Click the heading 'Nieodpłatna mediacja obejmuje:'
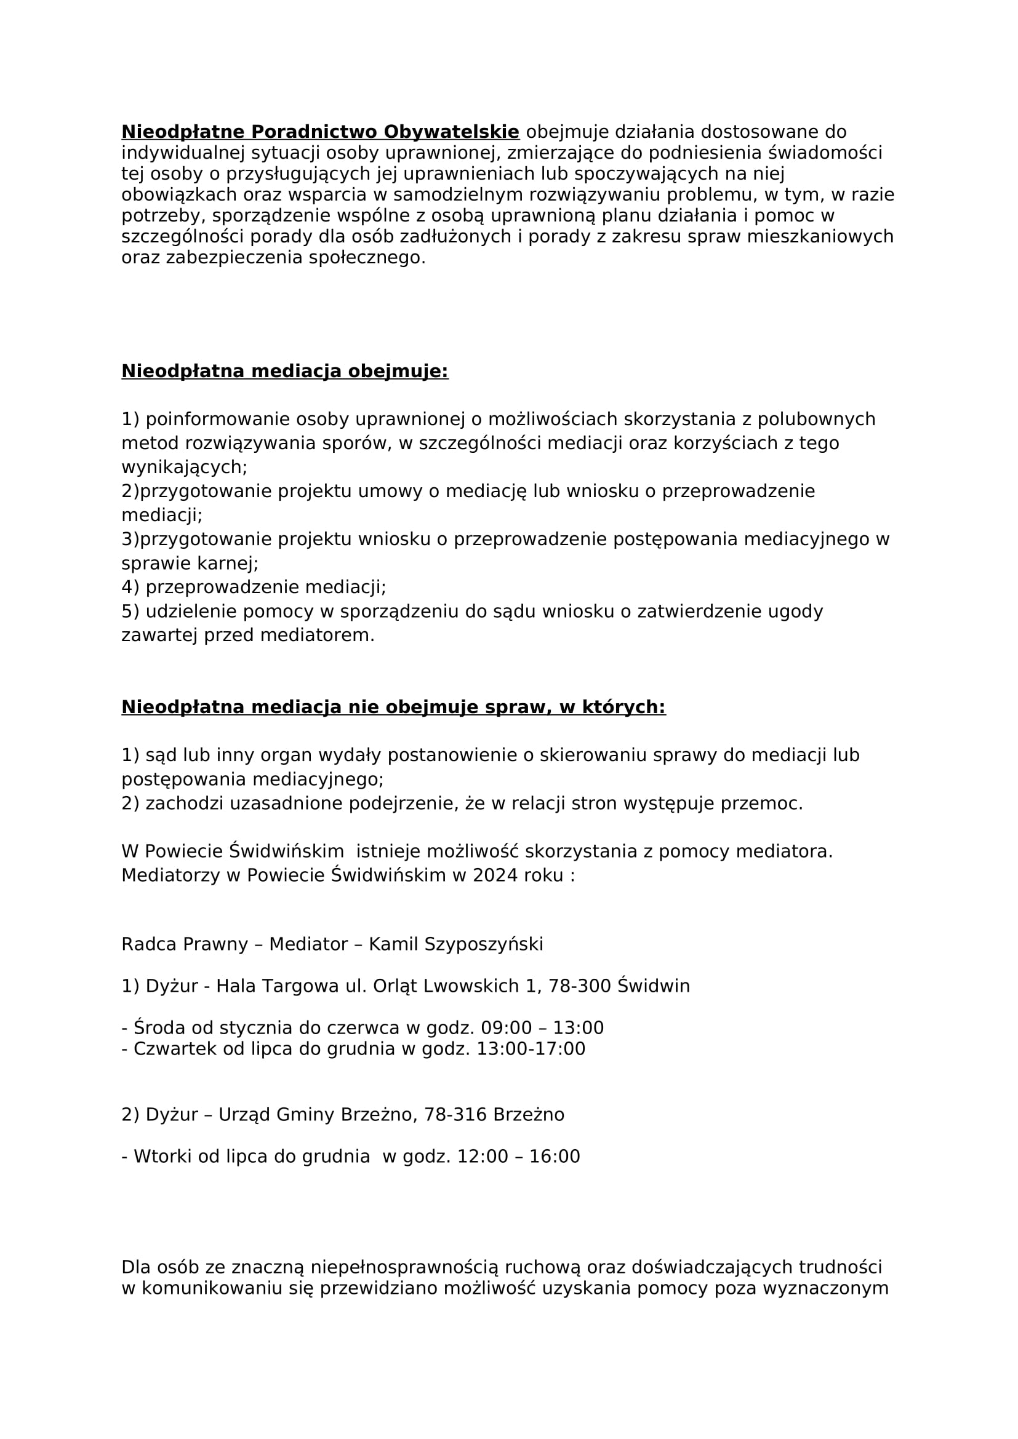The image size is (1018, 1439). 284,371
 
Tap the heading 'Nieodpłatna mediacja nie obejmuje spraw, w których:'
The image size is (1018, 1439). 393,707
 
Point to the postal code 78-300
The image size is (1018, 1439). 580,986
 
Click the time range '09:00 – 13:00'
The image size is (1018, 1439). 542,1028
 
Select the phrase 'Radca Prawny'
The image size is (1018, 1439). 185,944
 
